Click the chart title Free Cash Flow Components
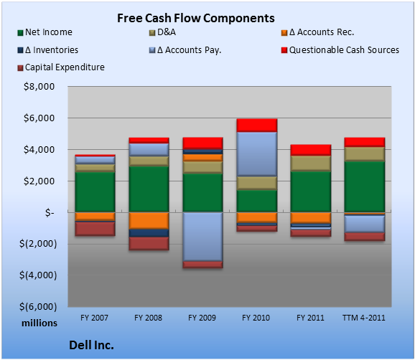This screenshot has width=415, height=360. click(196, 18)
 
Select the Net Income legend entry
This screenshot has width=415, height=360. click(45, 32)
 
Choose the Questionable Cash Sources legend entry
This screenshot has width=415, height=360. click(340, 50)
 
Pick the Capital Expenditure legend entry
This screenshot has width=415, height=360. click(61, 67)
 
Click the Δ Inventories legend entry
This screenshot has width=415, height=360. click(48, 50)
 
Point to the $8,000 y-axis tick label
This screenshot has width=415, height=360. click(39, 87)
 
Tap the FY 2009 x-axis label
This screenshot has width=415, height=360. click(202, 318)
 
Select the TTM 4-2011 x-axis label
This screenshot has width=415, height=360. click(364, 318)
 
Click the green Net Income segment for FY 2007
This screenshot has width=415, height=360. click(95, 192)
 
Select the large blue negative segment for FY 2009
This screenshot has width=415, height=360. click(202, 237)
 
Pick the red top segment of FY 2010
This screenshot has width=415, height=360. click(257, 125)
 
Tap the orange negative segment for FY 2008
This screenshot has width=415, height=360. click(149, 221)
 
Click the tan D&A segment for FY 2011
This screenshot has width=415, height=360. click(311, 164)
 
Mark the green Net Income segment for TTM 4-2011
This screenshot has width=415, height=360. click(365, 187)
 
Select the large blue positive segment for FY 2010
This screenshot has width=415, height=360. click(257, 154)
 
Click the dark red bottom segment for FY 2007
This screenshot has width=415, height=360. click(95, 229)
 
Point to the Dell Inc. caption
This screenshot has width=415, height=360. click(92, 345)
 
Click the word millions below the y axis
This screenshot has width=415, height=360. click(39, 323)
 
